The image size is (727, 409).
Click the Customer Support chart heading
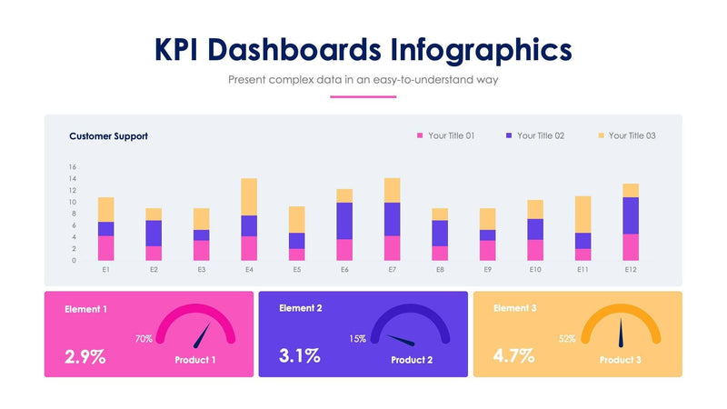(108, 136)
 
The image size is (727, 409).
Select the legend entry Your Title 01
(451, 136)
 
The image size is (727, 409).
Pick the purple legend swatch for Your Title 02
(509, 135)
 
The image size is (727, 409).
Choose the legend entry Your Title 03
(632, 136)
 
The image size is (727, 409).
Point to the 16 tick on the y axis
(72, 167)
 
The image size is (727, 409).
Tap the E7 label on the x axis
(392, 270)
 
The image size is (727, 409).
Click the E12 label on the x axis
(630, 270)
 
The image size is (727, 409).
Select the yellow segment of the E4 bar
(249, 196)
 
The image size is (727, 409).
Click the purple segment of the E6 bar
(344, 221)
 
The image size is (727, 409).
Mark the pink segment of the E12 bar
(630, 247)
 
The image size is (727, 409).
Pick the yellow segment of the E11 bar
(583, 214)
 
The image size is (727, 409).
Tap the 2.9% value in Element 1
(85, 356)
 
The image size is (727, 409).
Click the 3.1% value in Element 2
(299, 356)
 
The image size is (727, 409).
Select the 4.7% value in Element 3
(513, 356)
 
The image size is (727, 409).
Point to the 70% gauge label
(143, 339)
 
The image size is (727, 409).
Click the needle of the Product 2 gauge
(401, 342)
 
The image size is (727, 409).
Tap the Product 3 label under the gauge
(620, 360)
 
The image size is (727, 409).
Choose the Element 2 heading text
(301, 309)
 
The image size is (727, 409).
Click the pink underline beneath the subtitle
(363, 96)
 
